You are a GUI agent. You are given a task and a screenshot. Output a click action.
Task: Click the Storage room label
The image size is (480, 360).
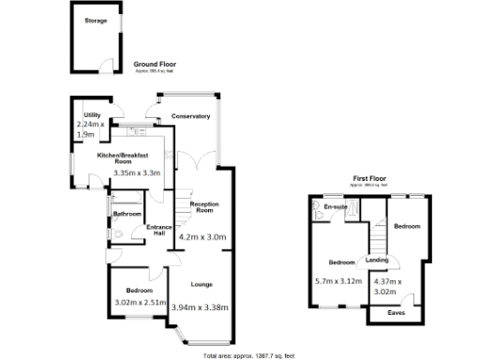point(95,20)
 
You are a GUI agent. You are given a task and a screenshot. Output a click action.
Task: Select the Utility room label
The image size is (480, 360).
point(92,114)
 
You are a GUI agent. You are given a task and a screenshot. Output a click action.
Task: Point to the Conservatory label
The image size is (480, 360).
point(190,116)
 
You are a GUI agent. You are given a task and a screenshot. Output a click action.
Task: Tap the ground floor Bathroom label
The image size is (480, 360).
point(127,214)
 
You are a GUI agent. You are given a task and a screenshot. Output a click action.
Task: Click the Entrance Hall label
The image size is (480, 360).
point(159,230)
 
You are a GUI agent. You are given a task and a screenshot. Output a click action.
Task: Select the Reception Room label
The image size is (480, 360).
point(203,207)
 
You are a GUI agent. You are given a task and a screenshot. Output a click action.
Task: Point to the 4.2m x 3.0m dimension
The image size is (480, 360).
point(202,237)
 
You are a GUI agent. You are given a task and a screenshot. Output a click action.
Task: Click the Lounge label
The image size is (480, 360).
point(202,283)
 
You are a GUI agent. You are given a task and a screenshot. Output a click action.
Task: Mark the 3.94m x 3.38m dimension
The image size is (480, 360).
point(201,307)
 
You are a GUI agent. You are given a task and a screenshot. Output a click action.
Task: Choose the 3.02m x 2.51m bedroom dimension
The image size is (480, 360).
point(140,302)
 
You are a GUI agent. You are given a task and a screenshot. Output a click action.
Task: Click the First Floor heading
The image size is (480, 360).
point(369,177)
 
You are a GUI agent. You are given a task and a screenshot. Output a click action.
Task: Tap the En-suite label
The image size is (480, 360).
point(335,206)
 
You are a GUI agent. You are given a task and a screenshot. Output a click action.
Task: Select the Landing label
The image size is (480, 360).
point(377,260)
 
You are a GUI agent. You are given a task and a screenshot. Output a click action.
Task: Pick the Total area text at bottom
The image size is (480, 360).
point(248,354)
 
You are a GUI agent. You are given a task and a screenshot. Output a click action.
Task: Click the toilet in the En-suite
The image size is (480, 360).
point(321,215)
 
